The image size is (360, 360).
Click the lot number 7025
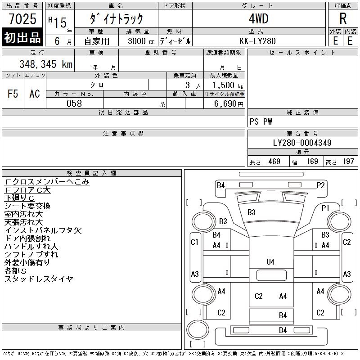[22, 19]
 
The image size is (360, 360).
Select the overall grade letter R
[343, 19]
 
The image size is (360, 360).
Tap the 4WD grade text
[258, 19]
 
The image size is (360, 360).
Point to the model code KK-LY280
[258, 40]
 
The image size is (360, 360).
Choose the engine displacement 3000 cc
[140, 41]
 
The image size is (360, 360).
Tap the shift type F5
[13, 94]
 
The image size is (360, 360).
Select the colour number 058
[74, 103]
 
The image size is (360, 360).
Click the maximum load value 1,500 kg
[224, 85]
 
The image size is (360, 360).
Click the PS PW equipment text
[261, 121]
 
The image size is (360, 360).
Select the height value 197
[347, 162]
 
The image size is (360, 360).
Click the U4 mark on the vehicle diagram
[270, 261]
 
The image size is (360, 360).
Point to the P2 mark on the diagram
[321, 185]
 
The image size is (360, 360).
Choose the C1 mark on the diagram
[195, 243]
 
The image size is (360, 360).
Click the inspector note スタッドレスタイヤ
[39, 279]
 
